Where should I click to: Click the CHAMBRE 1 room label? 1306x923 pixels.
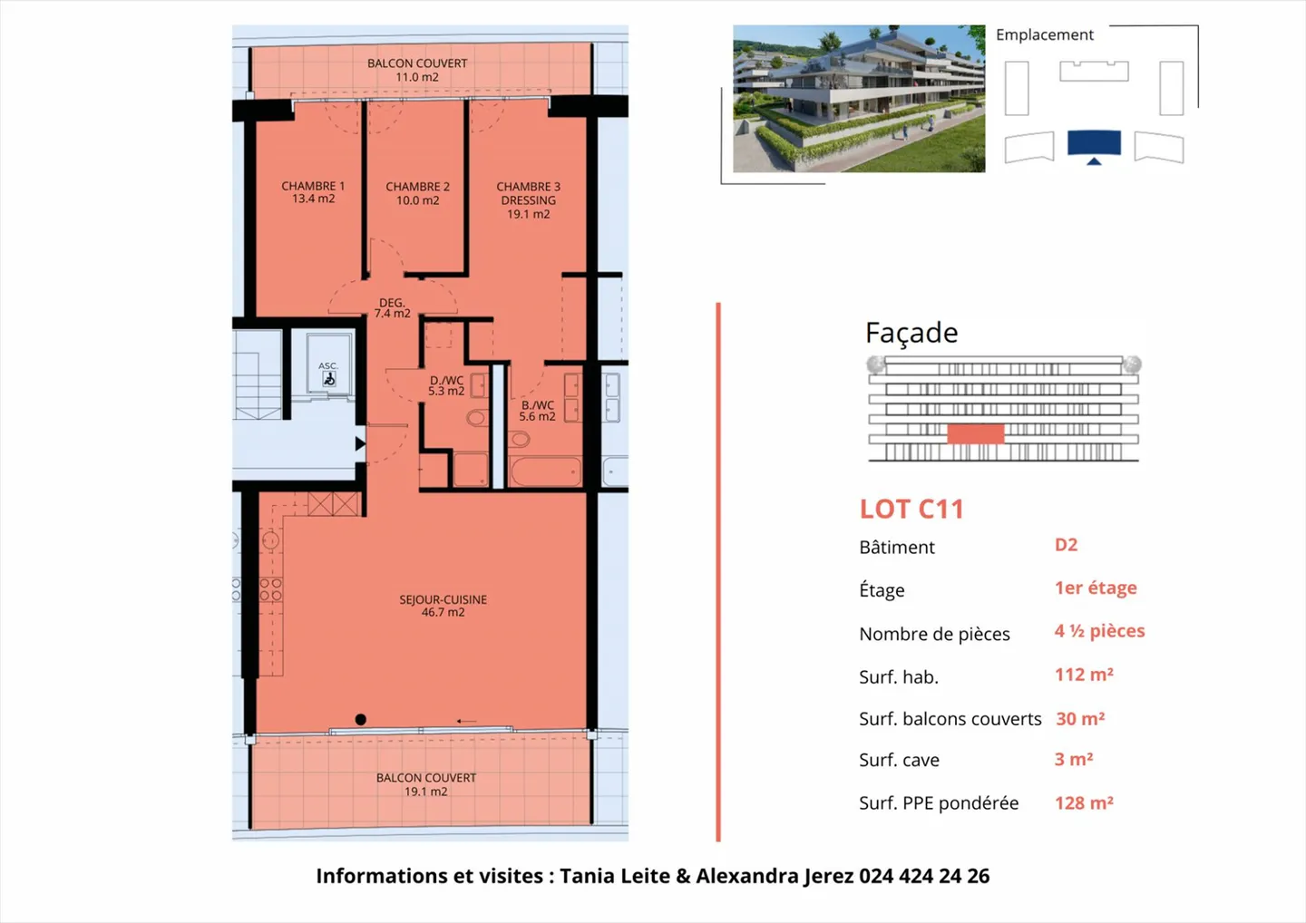click(313, 192)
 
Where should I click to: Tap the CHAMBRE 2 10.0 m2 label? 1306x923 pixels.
click(417, 193)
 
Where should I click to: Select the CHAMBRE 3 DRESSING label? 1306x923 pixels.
click(528, 200)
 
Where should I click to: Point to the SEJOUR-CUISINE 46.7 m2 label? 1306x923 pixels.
click(443, 606)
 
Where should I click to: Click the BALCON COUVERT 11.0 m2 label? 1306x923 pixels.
click(417, 70)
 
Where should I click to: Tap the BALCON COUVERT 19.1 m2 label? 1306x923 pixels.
click(425, 784)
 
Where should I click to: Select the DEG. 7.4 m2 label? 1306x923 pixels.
click(392, 308)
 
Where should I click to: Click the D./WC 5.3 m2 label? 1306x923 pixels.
click(446, 386)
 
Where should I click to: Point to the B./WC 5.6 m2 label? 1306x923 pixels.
click(537, 411)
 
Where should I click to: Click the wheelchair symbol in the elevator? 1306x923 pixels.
click(329, 379)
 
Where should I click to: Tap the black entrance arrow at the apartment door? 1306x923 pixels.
click(360, 443)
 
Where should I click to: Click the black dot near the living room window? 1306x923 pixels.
click(360, 719)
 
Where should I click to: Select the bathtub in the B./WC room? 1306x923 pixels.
click(545, 472)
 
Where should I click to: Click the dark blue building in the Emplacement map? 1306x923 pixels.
click(1094, 143)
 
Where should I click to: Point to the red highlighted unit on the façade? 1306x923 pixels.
click(975, 433)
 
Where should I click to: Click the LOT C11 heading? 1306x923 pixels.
click(911, 510)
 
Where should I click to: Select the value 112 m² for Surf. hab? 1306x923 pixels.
click(1084, 675)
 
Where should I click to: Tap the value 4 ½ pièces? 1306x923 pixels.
click(1099, 631)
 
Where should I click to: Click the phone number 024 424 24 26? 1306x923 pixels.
click(924, 876)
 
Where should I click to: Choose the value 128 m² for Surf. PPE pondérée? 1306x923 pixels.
click(1084, 802)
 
